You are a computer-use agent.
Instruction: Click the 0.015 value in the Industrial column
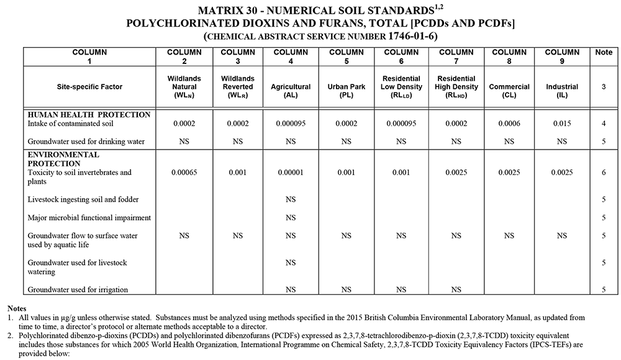562,124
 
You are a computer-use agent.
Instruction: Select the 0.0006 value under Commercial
509,124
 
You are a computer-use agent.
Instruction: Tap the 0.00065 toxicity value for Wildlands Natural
184,172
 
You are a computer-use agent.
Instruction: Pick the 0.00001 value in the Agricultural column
291,172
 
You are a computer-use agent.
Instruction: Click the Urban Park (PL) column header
346,87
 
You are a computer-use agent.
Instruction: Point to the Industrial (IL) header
562,87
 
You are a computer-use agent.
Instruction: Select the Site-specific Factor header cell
89,87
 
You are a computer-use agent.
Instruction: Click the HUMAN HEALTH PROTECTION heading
89,115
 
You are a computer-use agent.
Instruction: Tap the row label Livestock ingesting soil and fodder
83,199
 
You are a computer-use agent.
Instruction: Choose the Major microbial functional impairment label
89,217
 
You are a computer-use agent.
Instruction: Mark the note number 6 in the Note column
603,172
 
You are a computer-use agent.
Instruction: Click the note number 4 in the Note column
603,124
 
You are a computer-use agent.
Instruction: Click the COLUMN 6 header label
401,56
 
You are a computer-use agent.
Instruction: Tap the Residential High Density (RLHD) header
456,87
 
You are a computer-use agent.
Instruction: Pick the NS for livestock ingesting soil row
291,199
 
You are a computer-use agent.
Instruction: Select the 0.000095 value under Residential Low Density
401,124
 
